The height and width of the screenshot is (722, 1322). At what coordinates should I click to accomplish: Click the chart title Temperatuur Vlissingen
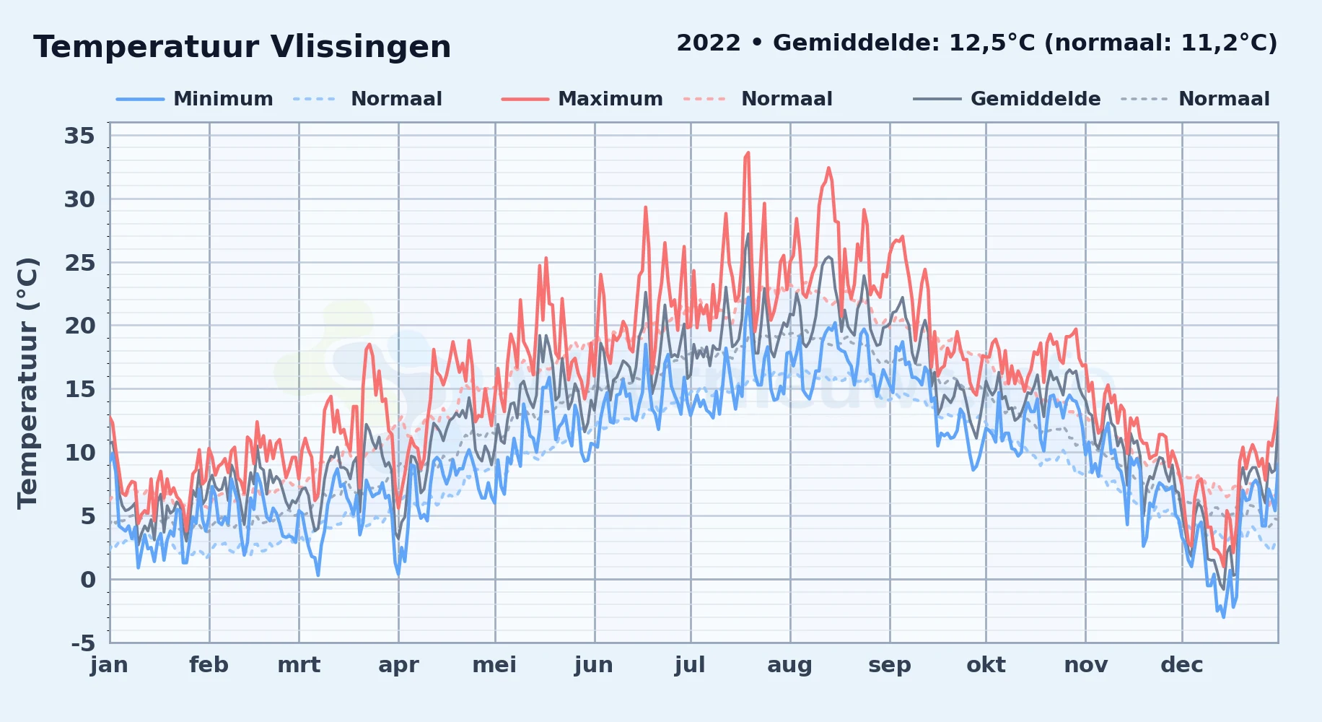242,47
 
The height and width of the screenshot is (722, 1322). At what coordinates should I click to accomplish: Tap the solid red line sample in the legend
525,99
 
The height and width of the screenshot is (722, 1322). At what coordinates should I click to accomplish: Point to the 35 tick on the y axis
79,136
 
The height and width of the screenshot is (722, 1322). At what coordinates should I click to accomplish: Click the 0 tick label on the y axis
88,580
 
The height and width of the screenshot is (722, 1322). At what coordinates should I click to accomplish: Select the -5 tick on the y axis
84,643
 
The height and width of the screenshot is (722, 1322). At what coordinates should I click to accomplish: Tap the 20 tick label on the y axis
79,326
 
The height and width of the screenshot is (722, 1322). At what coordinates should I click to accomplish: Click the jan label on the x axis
110,665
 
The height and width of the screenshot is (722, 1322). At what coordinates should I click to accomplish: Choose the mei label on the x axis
494,665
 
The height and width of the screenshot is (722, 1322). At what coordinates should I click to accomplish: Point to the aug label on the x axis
789,665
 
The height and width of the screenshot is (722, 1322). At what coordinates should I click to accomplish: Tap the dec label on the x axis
1182,665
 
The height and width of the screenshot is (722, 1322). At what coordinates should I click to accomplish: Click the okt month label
986,665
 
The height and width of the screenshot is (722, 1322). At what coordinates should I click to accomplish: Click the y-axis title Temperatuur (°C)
27,383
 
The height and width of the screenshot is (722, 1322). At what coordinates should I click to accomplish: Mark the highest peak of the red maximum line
748,152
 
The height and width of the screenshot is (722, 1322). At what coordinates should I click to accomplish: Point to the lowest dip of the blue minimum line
1223,617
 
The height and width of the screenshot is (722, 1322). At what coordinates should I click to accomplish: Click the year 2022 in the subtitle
709,43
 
